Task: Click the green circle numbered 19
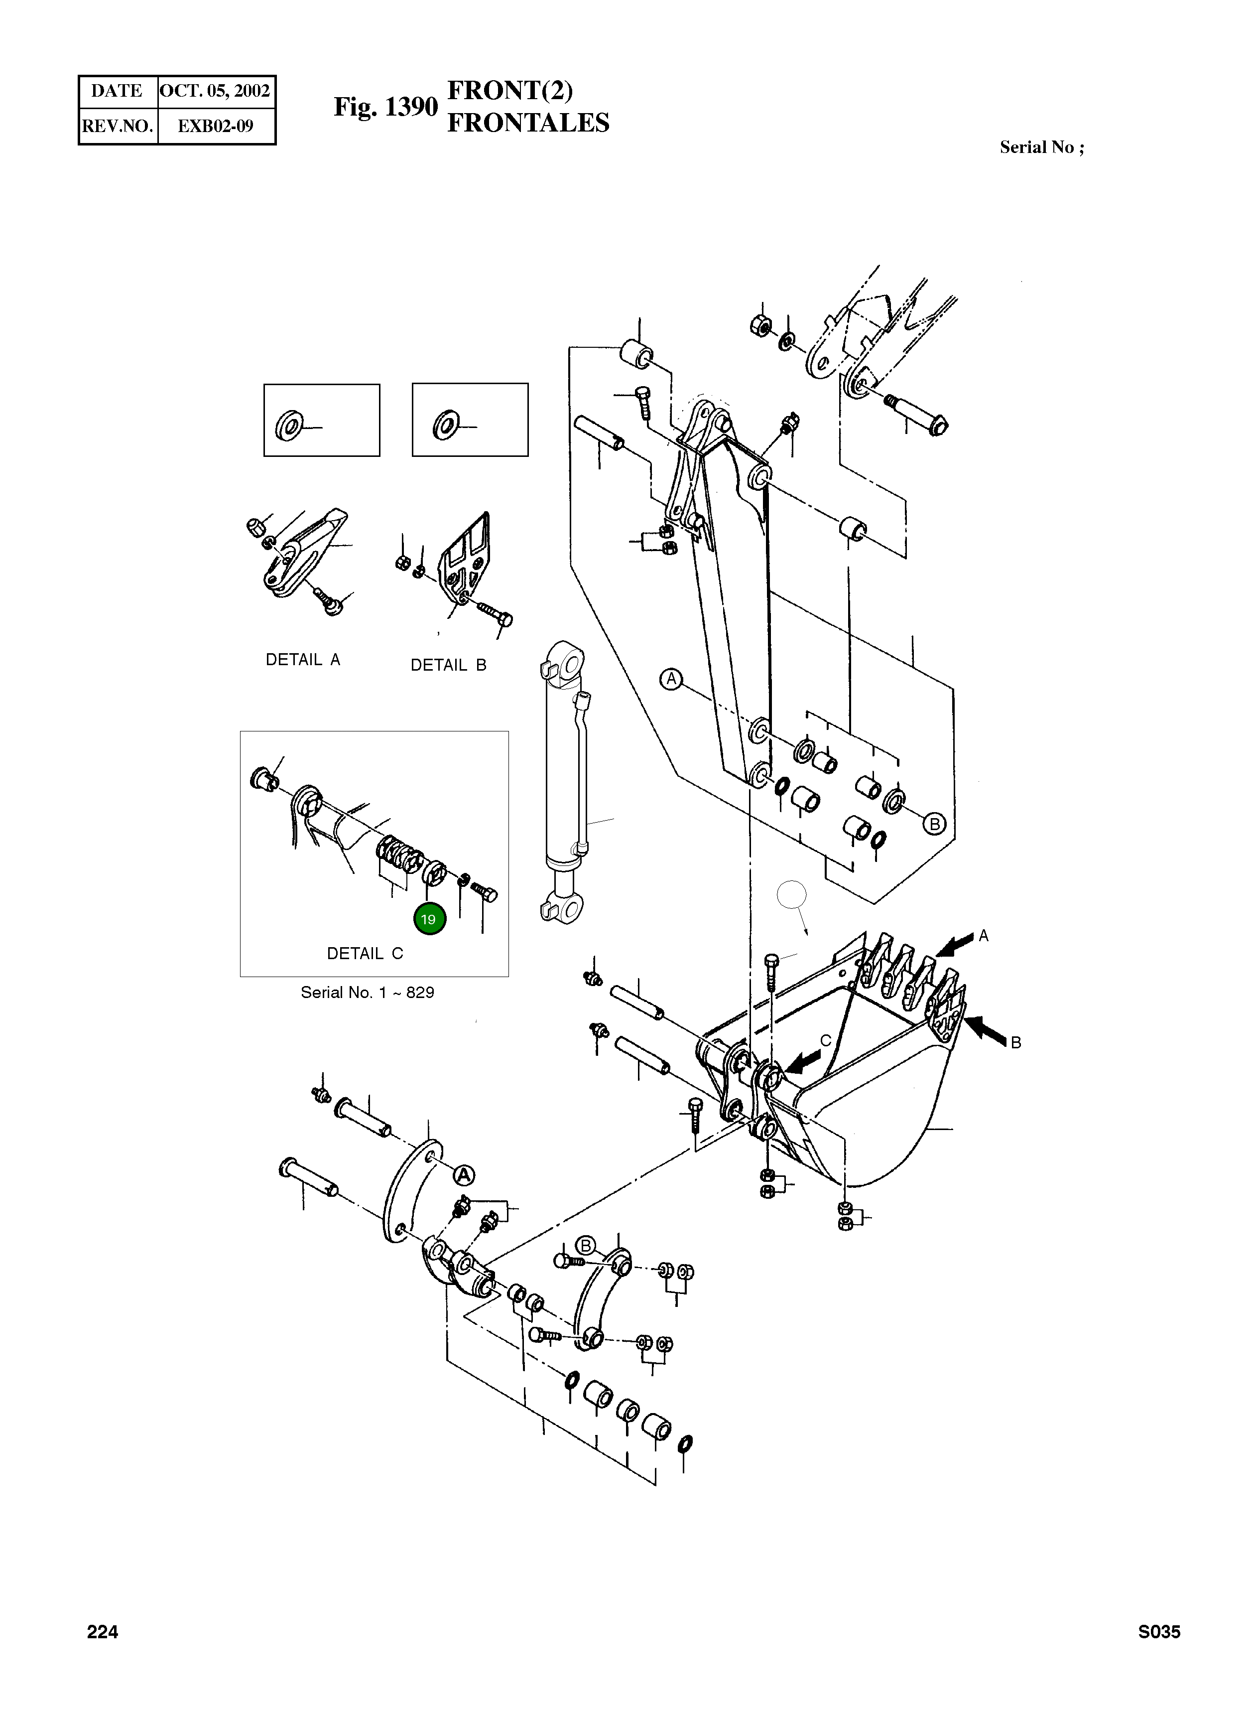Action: pyautogui.click(x=429, y=919)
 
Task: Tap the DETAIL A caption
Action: pyautogui.click(x=302, y=660)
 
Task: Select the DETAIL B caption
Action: pyautogui.click(x=448, y=665)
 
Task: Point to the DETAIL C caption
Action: pyautogui.click(x=365, y=953)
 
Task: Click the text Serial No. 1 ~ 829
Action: pyautogui.click(x=367, y=992)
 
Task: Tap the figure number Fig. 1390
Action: pyautogui.click(x=385, y=107)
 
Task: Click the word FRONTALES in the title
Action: pyautogui.click(x=528, y=123)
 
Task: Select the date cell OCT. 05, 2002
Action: pyautogui.click(x=215, y=91)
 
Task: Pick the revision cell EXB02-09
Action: pyautogui.click(x=215, y=126)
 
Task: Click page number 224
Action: pyautogui.click(x=103, y=1632)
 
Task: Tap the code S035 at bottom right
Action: pyautogui.click(x=1158, y=1632)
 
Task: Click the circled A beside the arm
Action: pyautogui.click(x=671, y=679)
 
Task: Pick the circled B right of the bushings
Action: pyautogui.click(x=934, y=824)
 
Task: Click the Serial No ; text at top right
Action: pyautogui.click(x=1041, y=147)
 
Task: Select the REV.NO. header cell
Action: pyautogui.click(x=118, y=126)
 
